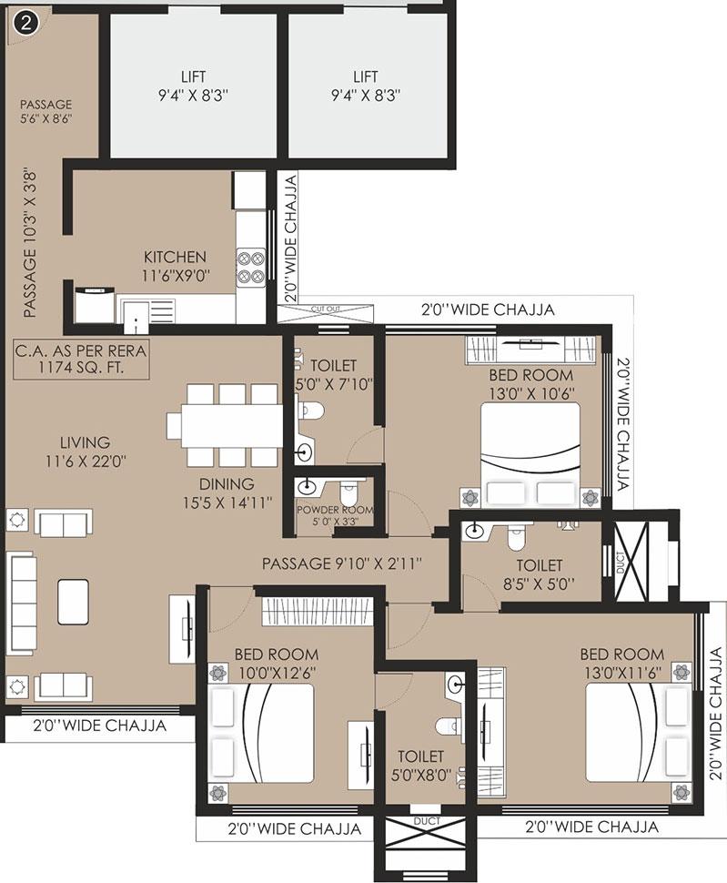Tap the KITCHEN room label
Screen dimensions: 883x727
pyautogui.click(x=175, y=258)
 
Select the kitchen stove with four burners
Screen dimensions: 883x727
pyautogui.click(x=250, y=265)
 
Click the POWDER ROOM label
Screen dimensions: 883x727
pyautogui.click(x=334, y=510)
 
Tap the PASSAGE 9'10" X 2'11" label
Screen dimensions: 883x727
pyautogui.click(x=341, y=563)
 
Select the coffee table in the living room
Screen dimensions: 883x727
pyautogui.click(x=74, y=598)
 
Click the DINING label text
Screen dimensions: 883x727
pyautogui.click(x=227, y=484)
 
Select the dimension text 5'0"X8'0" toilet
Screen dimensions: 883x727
pyautogui.click(x=420, y=775)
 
